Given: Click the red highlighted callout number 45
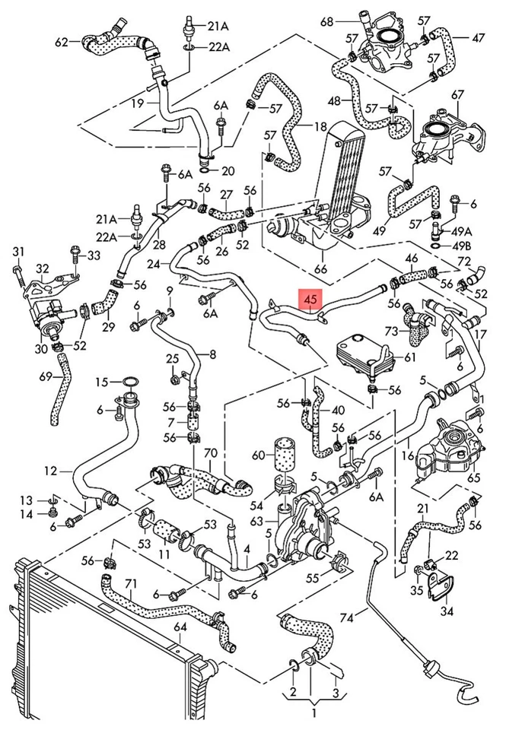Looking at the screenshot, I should pos(310,301).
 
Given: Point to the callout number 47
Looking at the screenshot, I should pos(478,37).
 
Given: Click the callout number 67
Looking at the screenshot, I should pos(457,94).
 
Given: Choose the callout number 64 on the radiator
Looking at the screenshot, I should pos(180,627).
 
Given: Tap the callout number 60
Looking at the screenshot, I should pos(258,455).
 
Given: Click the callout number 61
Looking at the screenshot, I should pos(410,357).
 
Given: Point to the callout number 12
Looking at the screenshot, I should pos(50,471).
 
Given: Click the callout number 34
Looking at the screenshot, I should pos(447,611).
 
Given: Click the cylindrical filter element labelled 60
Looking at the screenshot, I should pos(285,454).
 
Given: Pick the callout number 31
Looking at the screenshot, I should pos(18,252).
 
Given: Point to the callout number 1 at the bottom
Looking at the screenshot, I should pos(312,713).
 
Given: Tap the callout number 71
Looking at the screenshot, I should pos(131,583).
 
